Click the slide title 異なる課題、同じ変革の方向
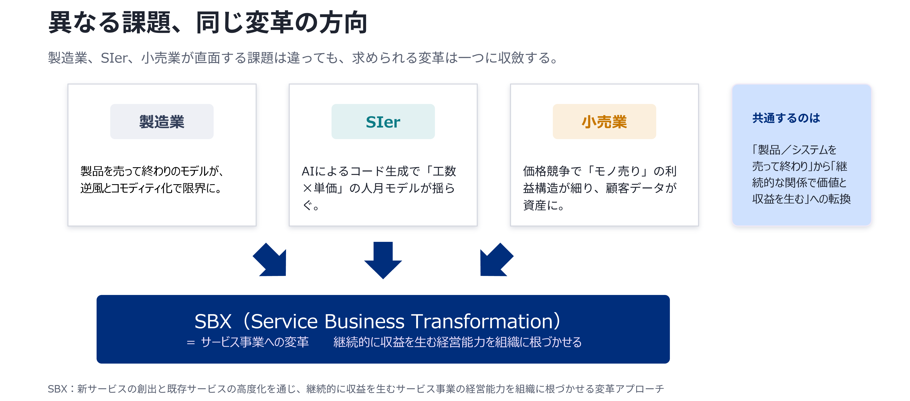[208, 23]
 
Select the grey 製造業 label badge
[162, 121]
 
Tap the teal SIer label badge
[383, 121]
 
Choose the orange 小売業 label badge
[604, 121]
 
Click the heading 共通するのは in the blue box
[786, 118]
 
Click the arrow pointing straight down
[383, 260]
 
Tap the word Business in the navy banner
[364, 322]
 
